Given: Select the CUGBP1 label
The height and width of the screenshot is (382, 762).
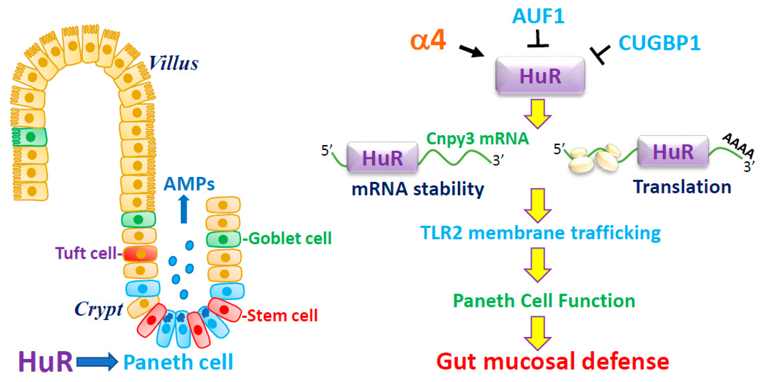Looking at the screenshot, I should [x=659, y=43].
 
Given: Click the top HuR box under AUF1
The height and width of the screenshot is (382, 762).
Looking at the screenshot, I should [x=540, y=76].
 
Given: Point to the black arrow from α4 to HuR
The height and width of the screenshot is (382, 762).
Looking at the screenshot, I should [x=472, y=51].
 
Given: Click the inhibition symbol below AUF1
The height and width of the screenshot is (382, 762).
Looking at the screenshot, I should [x=538, y=40].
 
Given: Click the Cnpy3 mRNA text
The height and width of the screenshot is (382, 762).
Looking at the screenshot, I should [x=477, y=139].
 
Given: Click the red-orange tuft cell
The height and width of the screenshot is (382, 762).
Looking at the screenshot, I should [x=140, y=254].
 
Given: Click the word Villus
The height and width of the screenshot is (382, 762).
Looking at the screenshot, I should [x=173, y=63].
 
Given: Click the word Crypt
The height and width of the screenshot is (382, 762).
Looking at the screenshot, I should [x=99, y=310].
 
